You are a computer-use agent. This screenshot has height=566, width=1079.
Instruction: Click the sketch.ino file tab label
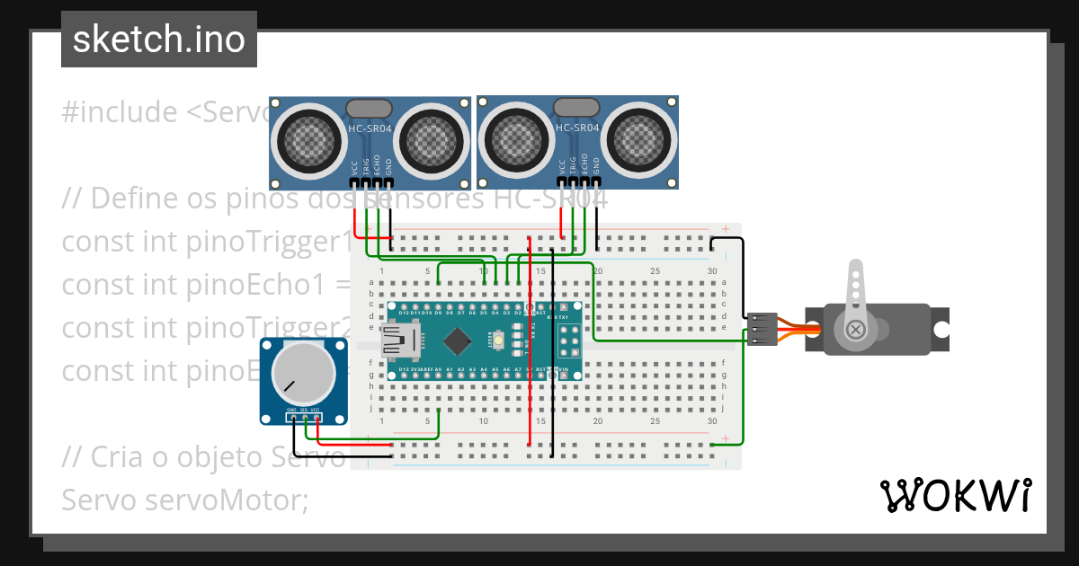point(159,40)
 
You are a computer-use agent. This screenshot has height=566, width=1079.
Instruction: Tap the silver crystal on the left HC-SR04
point(369,109)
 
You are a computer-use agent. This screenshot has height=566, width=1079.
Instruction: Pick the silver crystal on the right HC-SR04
point(576,109)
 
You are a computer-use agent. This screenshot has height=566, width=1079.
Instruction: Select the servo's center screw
point(855,330)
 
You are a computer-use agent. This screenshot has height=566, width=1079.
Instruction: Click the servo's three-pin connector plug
point(761,330)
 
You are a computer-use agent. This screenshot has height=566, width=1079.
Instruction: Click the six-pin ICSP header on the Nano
point(568,340)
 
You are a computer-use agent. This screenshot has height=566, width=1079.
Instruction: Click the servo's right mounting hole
point(940,330)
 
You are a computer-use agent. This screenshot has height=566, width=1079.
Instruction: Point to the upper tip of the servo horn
point(855,268)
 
